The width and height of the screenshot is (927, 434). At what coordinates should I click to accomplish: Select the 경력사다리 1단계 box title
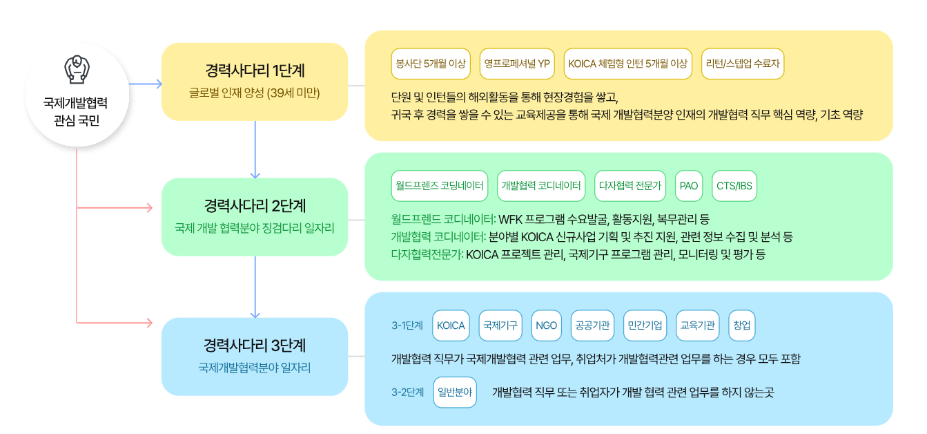coord(255,70)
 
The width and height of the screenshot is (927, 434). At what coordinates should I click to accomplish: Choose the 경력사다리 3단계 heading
coord(255,345)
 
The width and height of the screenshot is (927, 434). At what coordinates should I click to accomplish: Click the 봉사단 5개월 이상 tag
coord(430,64)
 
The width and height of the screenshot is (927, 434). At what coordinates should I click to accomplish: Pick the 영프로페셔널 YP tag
coord(517,64)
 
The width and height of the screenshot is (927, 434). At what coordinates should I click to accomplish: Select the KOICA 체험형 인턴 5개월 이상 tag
coord(627,64)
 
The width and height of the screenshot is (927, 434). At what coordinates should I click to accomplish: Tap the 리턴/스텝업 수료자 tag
coord(743,64)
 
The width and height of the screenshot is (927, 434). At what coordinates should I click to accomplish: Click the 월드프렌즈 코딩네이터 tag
coord(440,186)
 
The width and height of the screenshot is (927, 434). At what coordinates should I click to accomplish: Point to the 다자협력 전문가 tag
coord(630,186)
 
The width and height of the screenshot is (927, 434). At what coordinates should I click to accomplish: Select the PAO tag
coord(689,186)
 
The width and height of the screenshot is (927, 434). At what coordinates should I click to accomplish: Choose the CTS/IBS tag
coord(734,186)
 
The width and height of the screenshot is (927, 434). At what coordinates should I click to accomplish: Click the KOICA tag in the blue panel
coord(451,325)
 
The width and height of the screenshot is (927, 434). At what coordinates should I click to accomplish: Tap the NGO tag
coord(546,325)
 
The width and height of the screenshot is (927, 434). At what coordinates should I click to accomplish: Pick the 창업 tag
coord(742,325)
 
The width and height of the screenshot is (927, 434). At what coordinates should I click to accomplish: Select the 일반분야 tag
coord(455,392)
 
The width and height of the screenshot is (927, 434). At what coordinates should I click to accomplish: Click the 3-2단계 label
coord(407,392)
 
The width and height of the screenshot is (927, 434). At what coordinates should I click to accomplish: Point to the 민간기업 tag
coord(645,325)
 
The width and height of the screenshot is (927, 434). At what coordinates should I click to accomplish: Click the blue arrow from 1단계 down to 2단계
coord(255,149)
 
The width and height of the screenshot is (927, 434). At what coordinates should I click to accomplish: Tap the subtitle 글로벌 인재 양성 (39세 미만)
coord(255,93)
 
